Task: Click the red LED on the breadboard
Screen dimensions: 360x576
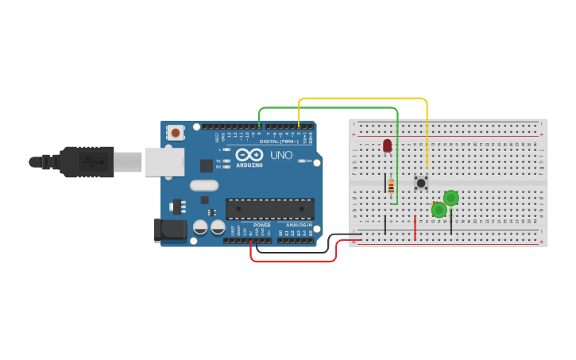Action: pyautogui.click(x=387, y=145)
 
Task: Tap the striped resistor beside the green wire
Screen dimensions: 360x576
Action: pyautogui.click(x=391, y=186)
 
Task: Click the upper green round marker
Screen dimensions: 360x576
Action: pyautogui.click(x=450, y=198)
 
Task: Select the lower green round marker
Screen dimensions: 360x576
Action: pyautogui.click(x=439, y=210)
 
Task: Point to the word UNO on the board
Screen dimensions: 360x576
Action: pyautogui.click(x=281, y=155)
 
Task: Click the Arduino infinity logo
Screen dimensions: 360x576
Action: pyautogui.click(x=249, y=155)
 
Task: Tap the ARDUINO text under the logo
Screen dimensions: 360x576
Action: pyautogui.click(x=249, y=165)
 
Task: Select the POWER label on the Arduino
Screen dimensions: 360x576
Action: pyautogui.click(x=261, y=225)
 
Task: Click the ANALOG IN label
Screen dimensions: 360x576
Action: pyautogui.click(x=299, y=225)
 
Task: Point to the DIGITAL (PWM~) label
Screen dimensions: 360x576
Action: pyautogui.click(x=279, y=141)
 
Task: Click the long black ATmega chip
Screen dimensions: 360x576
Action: pyautogui.click(x=269, y=209)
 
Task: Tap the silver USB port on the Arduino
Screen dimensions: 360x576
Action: pyautogui.click(x=165, y=161)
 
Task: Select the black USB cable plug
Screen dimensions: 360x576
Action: pyautogui.click(x=87, y=161)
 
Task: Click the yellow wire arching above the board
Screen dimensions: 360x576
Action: pyautogui.click(x=362, y=99)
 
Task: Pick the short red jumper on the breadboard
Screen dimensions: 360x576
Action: pyautogui.click(x=415, y=226)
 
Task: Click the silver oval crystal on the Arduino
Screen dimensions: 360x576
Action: pyautogui.click(x=204, y=186)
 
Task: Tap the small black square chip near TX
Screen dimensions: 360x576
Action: pyautogui.click(x=207, y=165)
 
